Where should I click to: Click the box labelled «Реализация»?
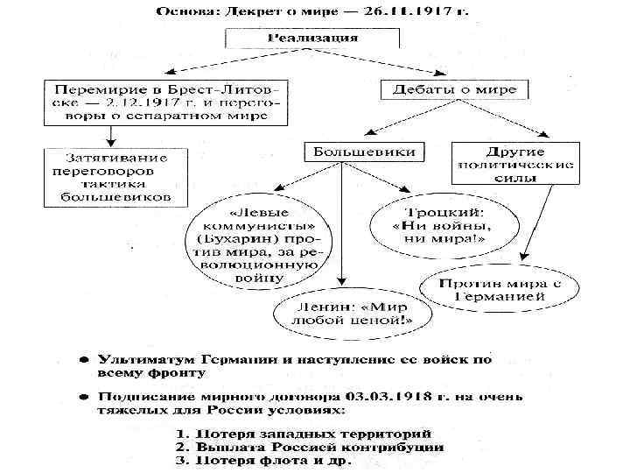click(x=311, y=39)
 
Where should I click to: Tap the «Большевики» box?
click(x=365, y=152)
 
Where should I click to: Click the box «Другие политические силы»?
click(x=514, y=162)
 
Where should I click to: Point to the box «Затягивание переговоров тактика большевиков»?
click(x=115, y=177)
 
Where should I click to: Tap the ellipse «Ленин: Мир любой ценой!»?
click(x=352, y=313)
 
